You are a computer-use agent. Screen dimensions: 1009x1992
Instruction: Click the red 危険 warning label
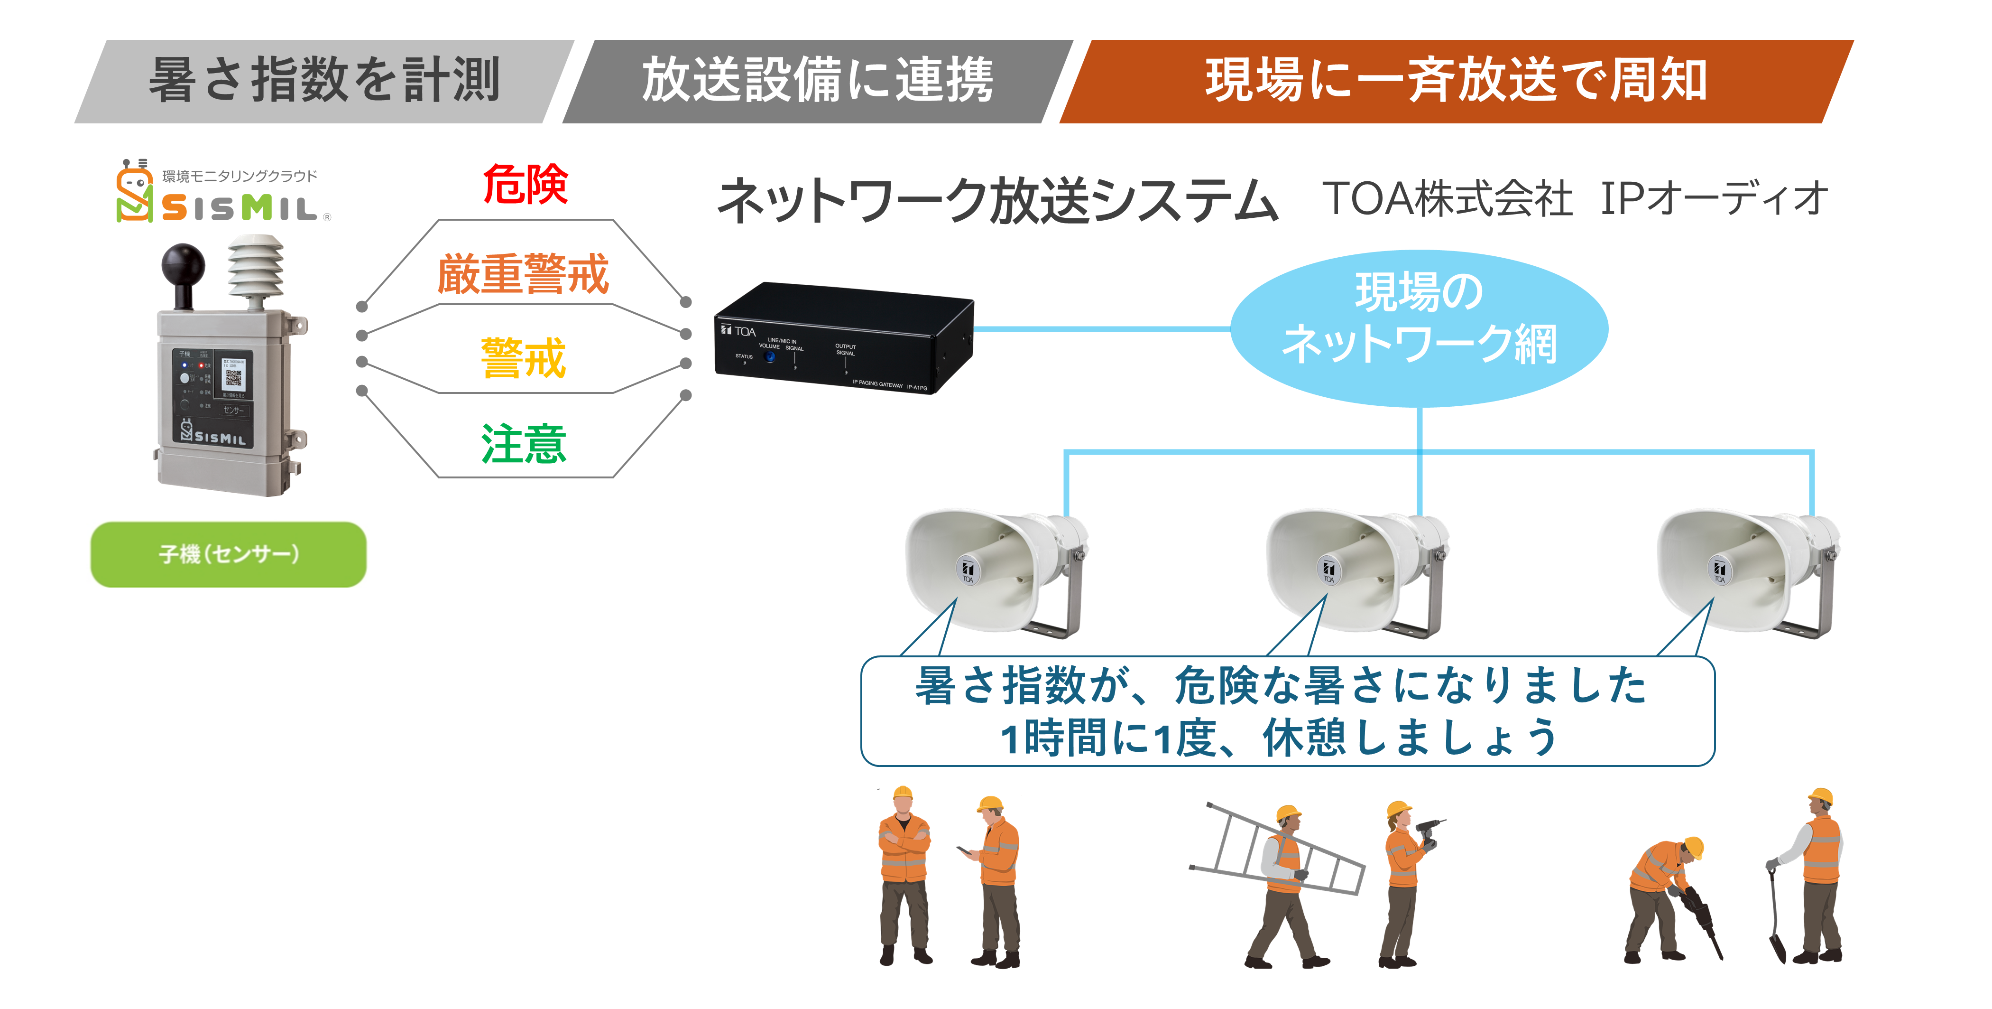525,185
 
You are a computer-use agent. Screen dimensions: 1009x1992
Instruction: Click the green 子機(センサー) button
228,554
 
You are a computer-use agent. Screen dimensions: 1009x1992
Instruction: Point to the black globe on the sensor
183,265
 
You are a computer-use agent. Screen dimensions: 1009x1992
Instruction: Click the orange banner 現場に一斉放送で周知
1455,81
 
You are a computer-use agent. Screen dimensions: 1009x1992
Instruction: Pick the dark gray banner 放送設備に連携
817,81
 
